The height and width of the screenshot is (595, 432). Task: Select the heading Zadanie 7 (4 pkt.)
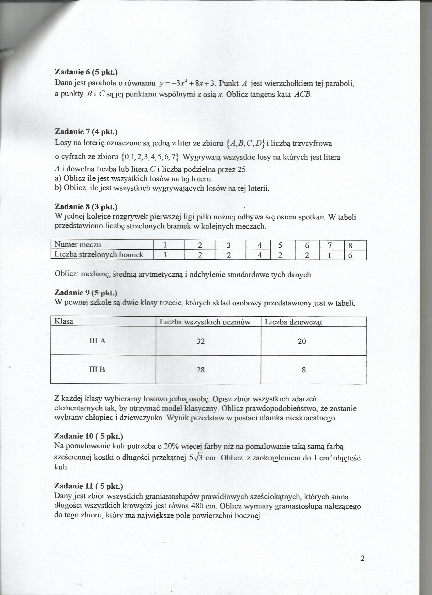(x=86, y=132)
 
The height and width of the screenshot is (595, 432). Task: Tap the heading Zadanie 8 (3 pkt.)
(x=86, y=207)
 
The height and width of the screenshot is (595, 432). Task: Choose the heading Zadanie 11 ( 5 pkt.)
(x=88, y=486)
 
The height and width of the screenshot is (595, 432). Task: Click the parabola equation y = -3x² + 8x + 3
(x=187, y=83)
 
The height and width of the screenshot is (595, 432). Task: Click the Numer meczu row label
(x=78, y=245)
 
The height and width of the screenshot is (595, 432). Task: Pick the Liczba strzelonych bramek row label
(x=99, y=254)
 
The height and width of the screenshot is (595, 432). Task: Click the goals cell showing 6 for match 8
(x=350, y=255)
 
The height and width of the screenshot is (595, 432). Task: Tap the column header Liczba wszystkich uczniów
(x=205, y=322)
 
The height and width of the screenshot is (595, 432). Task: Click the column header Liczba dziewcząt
(x=294, y=322)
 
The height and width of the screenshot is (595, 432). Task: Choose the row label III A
(x=98, y=341)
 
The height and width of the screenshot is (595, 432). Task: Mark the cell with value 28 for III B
(x=200, y=370)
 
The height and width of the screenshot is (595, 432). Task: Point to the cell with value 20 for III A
(x=302, y=341)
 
